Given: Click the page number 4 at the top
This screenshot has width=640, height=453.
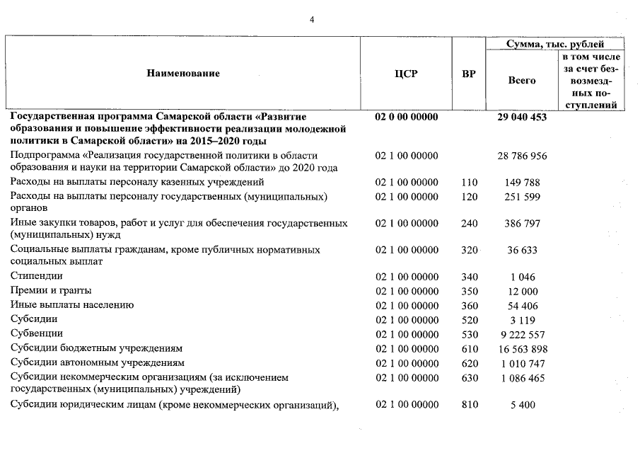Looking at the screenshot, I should point(312,19).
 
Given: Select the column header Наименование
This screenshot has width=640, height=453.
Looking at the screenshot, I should point(184,74).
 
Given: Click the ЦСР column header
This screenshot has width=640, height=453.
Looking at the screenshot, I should point(406,74).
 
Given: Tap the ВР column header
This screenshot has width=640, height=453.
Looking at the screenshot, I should point(468,74).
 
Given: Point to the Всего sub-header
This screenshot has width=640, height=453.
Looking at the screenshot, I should point(522,81).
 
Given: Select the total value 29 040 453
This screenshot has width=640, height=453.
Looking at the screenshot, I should point(522,117).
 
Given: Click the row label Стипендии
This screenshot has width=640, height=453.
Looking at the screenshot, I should point(37,276).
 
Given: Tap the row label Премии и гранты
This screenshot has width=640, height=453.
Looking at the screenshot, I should point(51,290).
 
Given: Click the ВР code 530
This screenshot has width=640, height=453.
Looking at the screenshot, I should point(469,333).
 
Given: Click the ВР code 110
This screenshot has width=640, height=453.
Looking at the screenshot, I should point(469,183).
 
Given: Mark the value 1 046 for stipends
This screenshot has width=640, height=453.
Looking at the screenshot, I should point(522,276).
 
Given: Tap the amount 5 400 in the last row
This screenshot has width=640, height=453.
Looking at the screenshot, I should point(522,405).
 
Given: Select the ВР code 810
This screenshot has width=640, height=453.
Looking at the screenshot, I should point(469,405).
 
